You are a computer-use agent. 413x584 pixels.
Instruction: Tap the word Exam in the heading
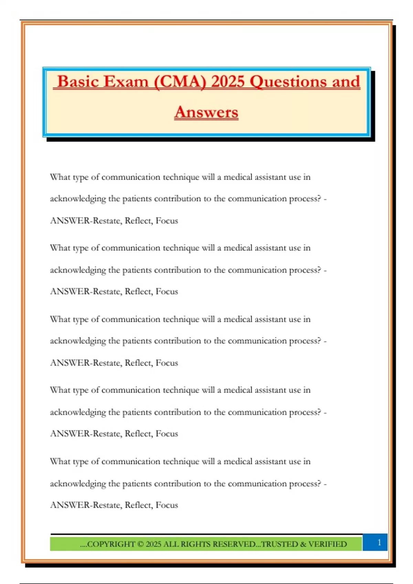pos(126,82)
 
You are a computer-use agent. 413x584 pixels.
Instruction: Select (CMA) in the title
pos(180,82)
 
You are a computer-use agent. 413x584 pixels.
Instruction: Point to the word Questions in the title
pos(288,82)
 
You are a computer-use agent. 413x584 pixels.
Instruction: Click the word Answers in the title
pos(206,112)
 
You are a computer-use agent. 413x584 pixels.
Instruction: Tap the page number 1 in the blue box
pos(379,542)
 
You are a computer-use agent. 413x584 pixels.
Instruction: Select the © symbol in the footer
pos(140,544)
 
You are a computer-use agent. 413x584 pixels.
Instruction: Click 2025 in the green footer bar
pos(153,544)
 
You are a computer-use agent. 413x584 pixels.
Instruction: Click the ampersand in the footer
pos(303,544)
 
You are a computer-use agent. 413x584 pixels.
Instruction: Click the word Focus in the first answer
pos(167,221)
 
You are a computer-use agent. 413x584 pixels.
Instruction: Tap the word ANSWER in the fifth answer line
pos(70,505)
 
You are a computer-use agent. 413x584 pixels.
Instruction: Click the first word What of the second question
pos(60,248)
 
